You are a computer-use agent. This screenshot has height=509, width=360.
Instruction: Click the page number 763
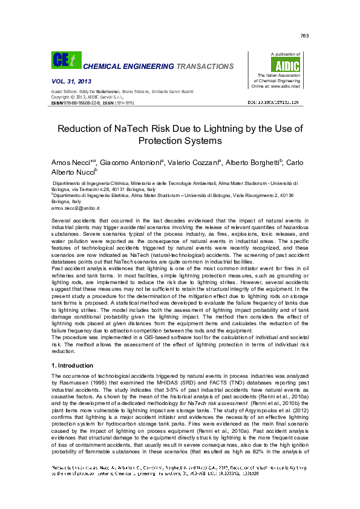point(304,36)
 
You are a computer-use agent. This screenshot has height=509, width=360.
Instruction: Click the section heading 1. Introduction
point(73,365)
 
